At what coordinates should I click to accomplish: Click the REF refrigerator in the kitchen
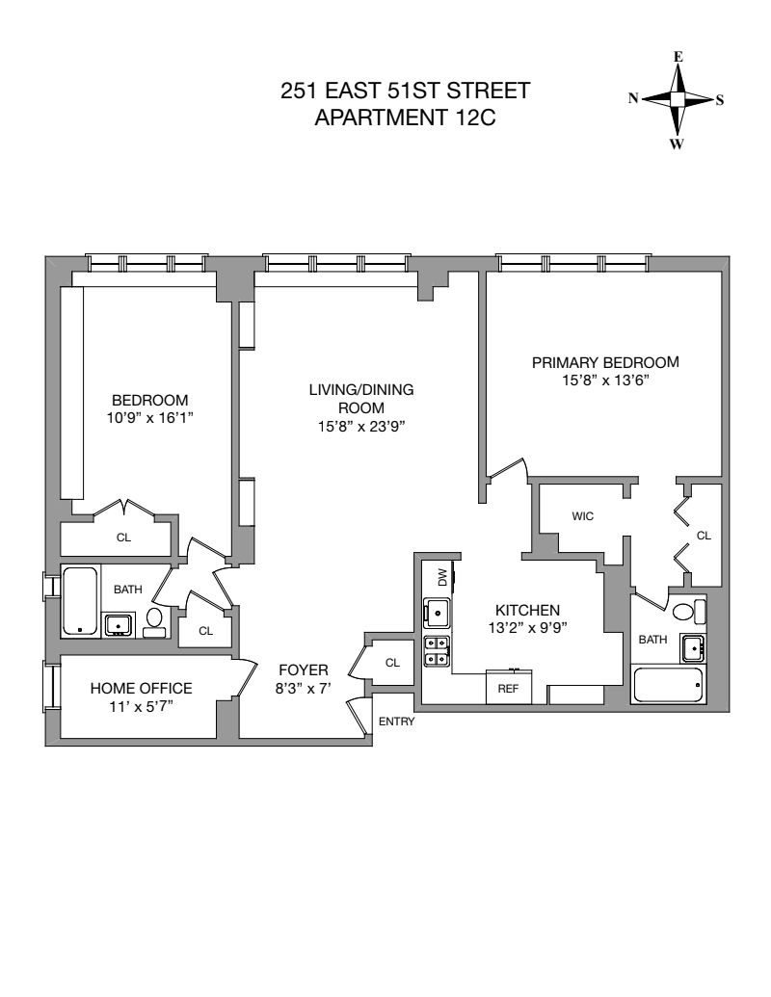(507, 689)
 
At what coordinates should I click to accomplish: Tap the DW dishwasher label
(442, 577)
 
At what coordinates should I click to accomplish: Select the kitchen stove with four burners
(436, 650)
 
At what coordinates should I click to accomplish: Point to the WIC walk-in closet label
(582, 516)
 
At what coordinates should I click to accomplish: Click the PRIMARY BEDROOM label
(605, 362)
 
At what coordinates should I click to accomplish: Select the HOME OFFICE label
(142, 688)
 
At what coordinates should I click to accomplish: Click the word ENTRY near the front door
(396, 721)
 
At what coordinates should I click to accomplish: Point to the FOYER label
(304, 669)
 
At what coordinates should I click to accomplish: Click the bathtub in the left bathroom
(79, 602)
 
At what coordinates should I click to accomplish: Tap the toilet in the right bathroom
(685, 612)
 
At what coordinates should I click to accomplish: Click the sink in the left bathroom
(119, 625)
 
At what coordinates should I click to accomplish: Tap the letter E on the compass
(678, 57)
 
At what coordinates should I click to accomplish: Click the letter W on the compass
(677, 144)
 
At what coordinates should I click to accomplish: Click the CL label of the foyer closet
(392, 663)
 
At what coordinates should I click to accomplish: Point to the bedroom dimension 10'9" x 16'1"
(149, 418)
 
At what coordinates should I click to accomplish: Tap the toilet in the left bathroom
(154, 621)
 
